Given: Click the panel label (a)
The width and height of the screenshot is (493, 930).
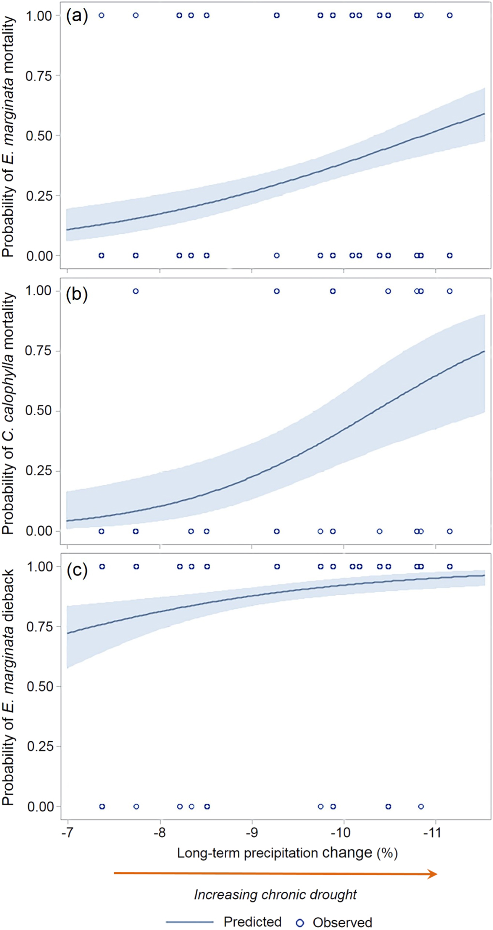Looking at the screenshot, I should tap(77, 16).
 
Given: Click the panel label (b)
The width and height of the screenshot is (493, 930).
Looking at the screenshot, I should tap(77, 294).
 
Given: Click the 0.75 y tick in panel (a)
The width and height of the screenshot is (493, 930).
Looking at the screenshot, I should tap(39, 75).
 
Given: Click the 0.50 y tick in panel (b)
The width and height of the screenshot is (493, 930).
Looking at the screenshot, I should tap(39, 411).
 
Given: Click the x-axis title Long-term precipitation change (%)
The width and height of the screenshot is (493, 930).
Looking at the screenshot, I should tap(287, 853).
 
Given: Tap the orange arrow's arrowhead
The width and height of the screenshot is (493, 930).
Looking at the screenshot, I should tap(433, 873).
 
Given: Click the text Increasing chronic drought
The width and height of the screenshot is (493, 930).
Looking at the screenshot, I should tap(275, 895).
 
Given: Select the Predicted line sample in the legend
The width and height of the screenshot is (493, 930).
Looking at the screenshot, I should tap(189, 922).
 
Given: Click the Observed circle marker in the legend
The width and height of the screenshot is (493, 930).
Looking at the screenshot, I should tap(300, 923).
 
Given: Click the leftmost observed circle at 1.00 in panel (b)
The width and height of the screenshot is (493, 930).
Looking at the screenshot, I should tap(136, 291).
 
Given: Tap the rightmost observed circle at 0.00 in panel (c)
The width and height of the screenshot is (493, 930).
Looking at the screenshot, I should tap(421, 807).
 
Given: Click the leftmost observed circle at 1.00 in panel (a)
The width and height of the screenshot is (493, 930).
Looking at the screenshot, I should tap(101, 15).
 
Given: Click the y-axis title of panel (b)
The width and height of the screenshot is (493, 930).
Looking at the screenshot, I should tap(8, 414).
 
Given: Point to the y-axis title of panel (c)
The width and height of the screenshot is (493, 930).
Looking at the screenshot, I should tap(8, 687).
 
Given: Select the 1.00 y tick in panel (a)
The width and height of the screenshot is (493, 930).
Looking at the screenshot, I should tap(39, 16).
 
